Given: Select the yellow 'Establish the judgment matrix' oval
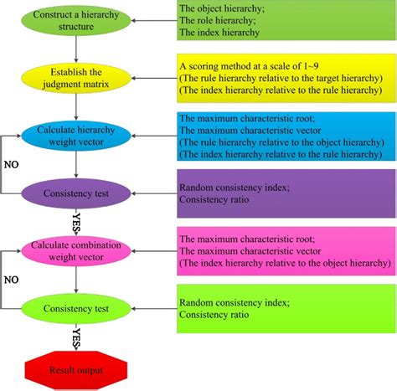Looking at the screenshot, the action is click(76, 78).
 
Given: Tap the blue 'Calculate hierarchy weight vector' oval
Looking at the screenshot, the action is click(76, 136).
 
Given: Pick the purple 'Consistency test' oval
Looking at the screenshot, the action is click(76, 193).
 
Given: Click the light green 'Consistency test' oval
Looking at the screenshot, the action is click(76, 307).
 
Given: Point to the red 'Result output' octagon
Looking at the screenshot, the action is click(76, 369).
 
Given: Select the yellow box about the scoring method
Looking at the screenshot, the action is click(284, 78).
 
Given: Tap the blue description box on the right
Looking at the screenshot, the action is click(284, 135).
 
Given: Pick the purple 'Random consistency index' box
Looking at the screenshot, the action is click(284, 193).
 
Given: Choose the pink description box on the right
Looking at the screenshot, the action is click(284, 250).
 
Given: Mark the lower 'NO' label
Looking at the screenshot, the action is click(11, 279).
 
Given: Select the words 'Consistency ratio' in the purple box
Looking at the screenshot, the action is click(214, 199).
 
